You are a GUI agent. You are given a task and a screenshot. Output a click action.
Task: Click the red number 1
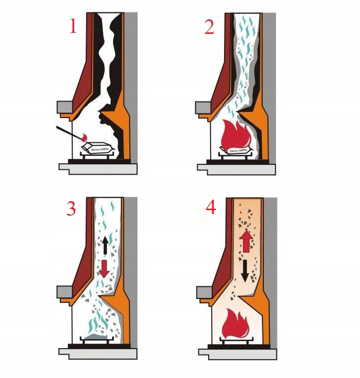point(73,26)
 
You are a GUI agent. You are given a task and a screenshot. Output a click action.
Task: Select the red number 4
point(211,208)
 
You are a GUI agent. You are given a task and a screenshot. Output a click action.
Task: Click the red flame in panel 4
point(238,323)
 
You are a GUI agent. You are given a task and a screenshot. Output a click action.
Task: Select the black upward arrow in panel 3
point(106,245)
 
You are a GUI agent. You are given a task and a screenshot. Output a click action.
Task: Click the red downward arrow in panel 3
point(105,269)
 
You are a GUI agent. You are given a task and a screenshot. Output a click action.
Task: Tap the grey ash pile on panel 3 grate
point(98,339)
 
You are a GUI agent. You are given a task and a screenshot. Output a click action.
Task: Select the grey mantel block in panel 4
point(205,291)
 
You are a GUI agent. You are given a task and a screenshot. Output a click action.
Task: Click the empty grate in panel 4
point(238,343)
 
